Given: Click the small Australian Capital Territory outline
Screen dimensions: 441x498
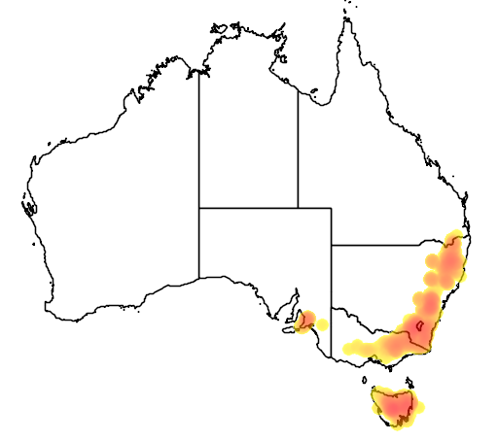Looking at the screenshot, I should [x=419, y=325].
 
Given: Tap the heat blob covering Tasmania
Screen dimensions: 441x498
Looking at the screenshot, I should [x=394, y=405].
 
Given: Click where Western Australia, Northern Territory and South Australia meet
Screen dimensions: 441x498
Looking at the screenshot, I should [x=199, y=207].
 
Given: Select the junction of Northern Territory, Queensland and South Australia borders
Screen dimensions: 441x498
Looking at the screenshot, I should [x=298, y=207].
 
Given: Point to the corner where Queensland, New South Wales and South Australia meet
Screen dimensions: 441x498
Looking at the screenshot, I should [x=331, y=245].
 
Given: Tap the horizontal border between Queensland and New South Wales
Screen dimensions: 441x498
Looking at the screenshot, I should [x=389, y=245].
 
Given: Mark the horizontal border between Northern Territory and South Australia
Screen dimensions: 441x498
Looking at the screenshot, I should [x=248, y=207].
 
